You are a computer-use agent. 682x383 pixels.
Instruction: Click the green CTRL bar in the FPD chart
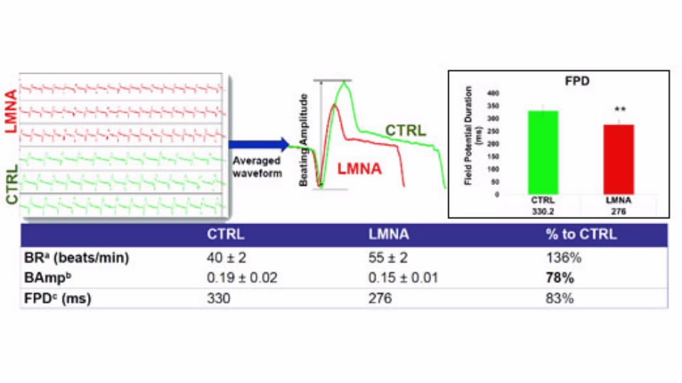tap(543, 152)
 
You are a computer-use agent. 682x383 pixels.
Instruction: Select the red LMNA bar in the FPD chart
tap(618, 160)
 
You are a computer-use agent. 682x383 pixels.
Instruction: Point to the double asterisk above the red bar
tap(619, 110)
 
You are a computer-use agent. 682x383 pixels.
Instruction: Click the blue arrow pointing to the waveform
tap(259, 145)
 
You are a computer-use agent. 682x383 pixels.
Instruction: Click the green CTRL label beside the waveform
tap(406, 131)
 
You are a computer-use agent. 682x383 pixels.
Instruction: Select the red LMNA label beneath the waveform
tap(359, 170)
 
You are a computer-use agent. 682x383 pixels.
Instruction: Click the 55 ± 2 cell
tap(389, 258)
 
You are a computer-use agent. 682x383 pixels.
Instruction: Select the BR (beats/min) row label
tap(77, 258)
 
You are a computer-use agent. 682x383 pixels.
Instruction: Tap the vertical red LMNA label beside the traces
tap(11, 113)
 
